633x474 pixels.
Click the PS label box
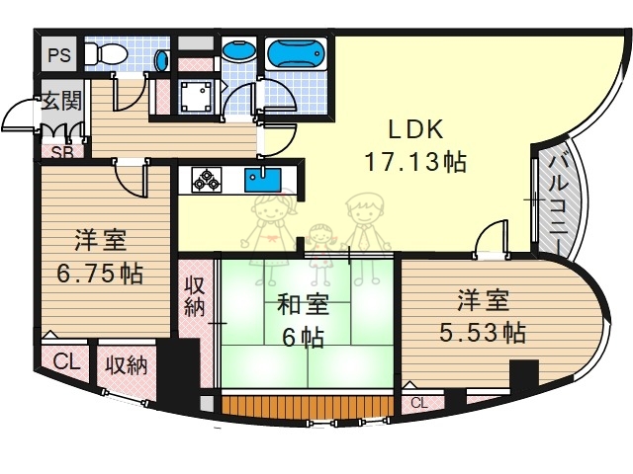point(57,55)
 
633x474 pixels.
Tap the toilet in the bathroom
point(102,53)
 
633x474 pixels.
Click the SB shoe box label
point(61,152)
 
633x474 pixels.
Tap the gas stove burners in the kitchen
point(207,181)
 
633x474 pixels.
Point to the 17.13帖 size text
point(415,162)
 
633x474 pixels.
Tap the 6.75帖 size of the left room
point(99,274)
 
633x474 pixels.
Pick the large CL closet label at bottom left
point(65,360)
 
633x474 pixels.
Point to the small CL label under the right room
point(419,403)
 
